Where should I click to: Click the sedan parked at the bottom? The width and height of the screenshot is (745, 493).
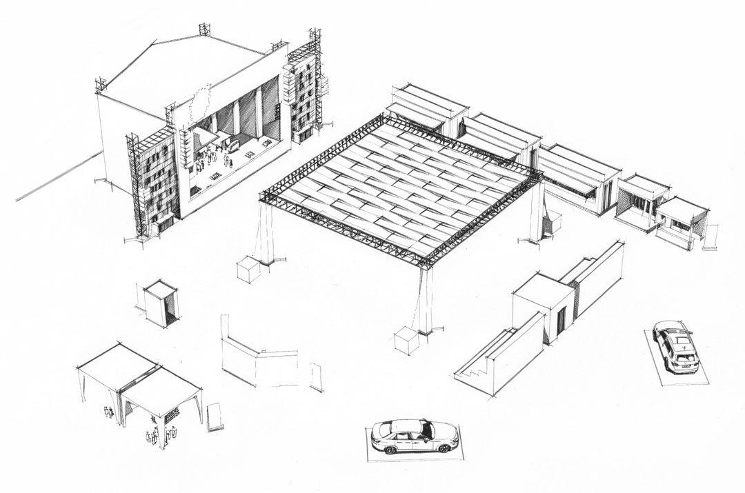pyautogui.click(x=415, y=436)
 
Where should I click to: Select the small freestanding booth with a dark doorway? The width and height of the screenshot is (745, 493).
pyautogui.click(x=161, y=303)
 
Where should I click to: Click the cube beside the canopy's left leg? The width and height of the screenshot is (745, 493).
pyautogui.click(x=248, y=268)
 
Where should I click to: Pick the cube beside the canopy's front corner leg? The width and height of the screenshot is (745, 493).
pyautogui.click(x=406, y=340)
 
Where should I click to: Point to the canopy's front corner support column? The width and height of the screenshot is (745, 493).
pyautogui.click(x=426, y=300)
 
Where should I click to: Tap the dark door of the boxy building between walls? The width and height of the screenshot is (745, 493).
pyautogui.click(x=561, y=319)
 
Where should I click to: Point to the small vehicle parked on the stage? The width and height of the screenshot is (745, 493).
pyautogui.click(x=233, y=145)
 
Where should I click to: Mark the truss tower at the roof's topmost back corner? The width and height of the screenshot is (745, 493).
pyautogui.click(x=204, y=29)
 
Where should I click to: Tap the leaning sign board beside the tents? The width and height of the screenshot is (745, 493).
pyautogui.click(x=215, y=416)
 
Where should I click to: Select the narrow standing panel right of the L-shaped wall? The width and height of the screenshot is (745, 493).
pyautogui.click(x=317, y=376)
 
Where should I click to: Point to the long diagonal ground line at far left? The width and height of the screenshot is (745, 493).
pyautogui.click(x=59, y=176)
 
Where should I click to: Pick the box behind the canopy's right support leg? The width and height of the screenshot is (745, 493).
pyautogui.click(x=552, y=223)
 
